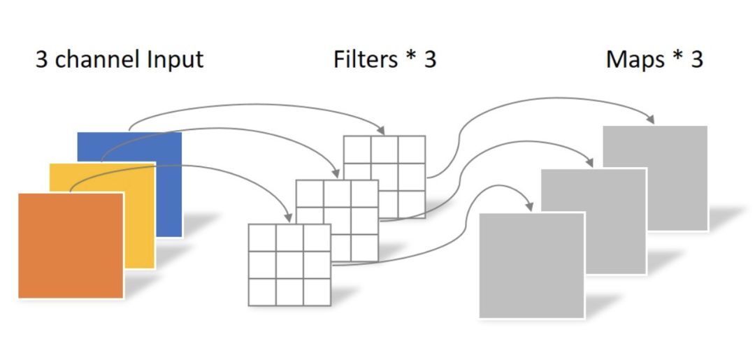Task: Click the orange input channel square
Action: point(70,245)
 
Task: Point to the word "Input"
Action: point(175,59)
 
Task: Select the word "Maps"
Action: point(635,59)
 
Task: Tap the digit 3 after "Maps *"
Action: point(696,59)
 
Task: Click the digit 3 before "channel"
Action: point(42,59)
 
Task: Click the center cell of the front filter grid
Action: point(289,265)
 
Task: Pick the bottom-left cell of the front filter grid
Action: point(262,291)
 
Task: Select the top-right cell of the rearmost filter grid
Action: point(412,150)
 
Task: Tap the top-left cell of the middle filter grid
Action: point(310,194)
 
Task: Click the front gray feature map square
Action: point(531,265)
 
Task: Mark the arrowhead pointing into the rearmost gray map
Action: point(650,120)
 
